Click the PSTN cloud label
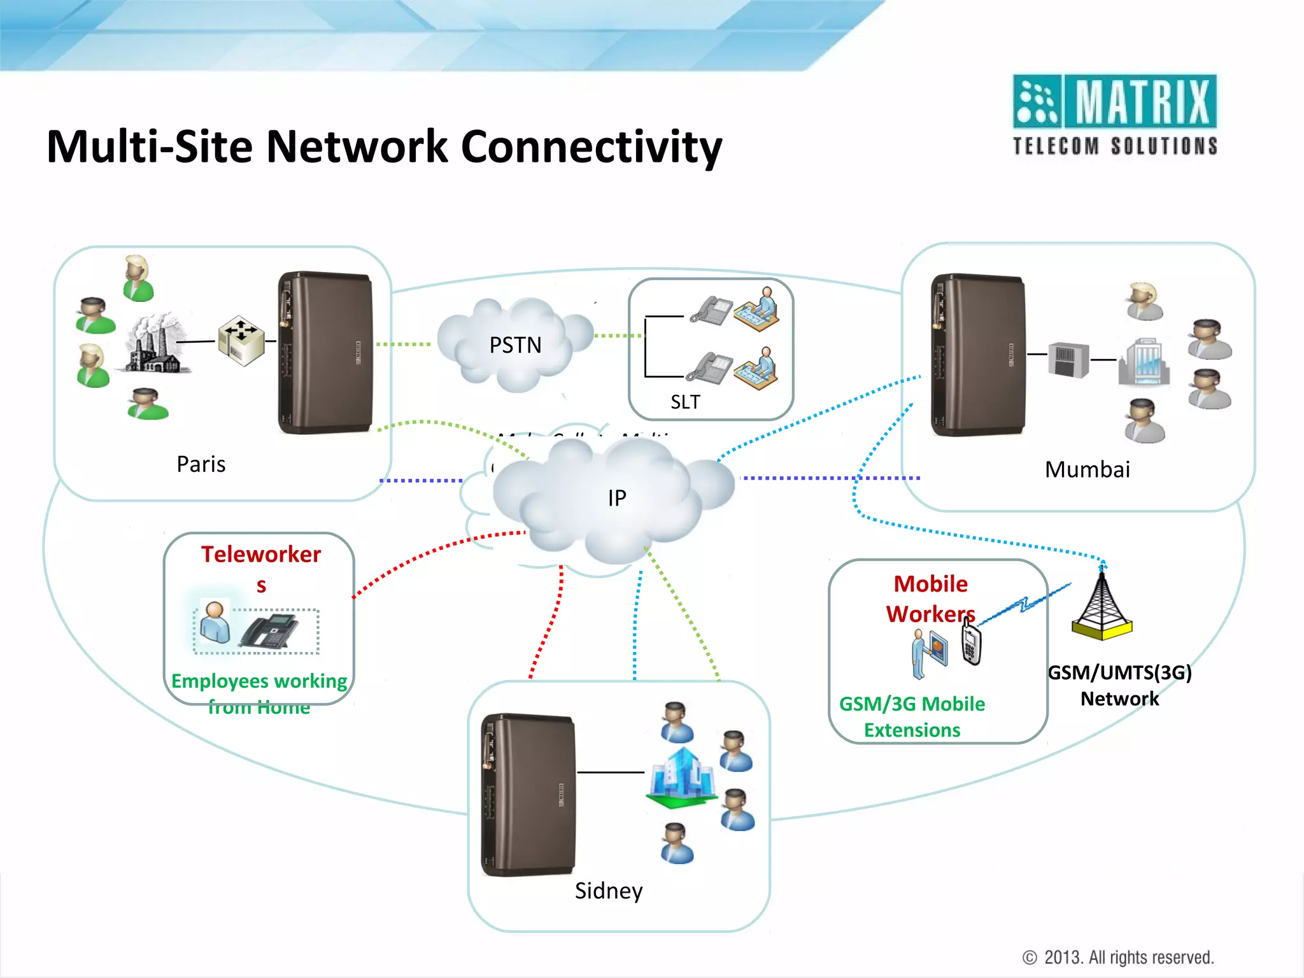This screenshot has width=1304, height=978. pos(515,345)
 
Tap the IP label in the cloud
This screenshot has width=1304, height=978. pos(616,498)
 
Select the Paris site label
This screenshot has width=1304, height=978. pos(201,464)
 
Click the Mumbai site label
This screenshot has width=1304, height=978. pos(1087,469)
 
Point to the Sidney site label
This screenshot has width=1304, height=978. pos(608,890)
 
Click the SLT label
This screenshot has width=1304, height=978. pos(685,402)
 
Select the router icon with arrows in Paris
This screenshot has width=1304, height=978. pos(241,341)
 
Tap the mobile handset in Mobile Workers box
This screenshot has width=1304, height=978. pos(971,644)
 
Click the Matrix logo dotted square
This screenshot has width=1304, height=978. pos(1037,101)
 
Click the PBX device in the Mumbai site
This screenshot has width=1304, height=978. pos(977,355)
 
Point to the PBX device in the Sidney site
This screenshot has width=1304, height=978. pos(528,794)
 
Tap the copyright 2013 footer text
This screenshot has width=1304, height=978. pos(1118,957)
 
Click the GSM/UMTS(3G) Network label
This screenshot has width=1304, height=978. pos(1119,685)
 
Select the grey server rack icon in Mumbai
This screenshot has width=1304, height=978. pos(1068,360)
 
